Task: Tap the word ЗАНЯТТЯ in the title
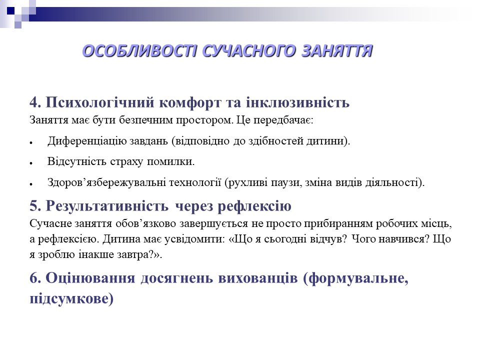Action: [x=337, y=51]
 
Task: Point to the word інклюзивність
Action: [x=297, y=102]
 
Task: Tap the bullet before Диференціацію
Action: [x=31, y=143]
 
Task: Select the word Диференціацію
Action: [x=87, y=141]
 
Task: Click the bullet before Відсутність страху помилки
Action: [x=31, y=163]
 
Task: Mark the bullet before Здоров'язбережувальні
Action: [x=31, y=184]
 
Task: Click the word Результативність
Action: [x=107, y=206]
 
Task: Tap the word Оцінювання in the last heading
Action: [x=90, y=278]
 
